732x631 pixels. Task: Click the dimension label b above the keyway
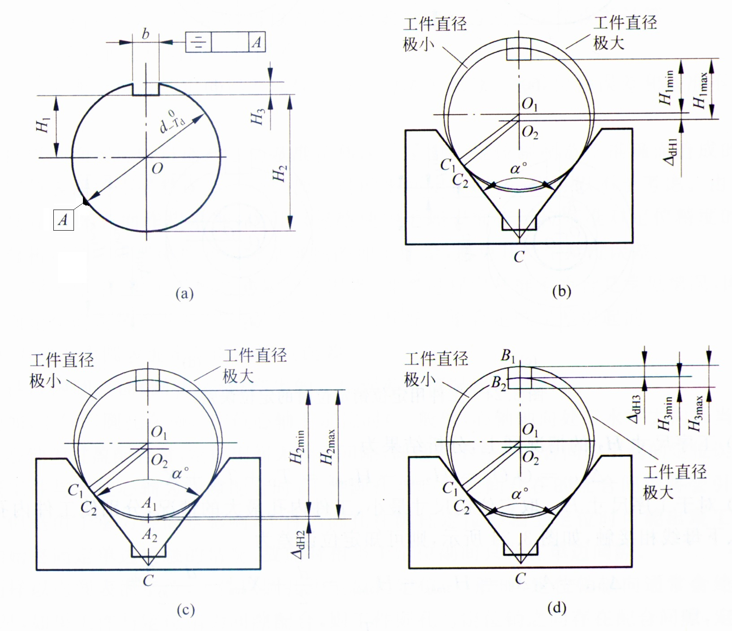click(x=146, y=34)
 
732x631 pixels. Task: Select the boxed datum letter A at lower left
click(x=63, y=219)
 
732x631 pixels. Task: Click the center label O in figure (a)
click(x=157, y=168)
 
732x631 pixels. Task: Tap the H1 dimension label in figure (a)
click(x=43, y=125)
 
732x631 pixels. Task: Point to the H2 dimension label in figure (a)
click(x=280, y=174)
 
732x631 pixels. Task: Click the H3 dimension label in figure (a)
click(x=257, y=116)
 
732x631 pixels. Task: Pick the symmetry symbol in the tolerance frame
click(x=199, y=42)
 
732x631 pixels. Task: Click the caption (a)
click(x=185, y=294)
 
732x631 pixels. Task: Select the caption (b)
click(x=562, y=291)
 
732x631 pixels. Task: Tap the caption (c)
click(x=186, y=610)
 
